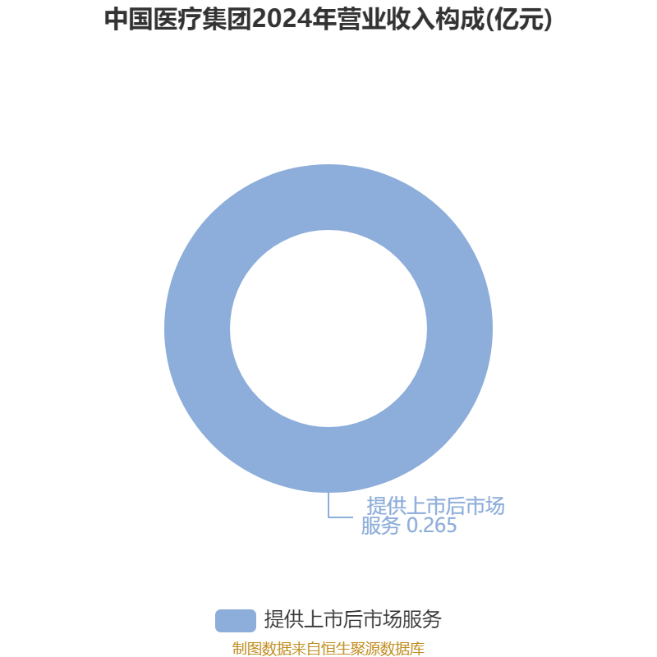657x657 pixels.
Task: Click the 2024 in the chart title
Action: pyautogui.click(x=282, y=20)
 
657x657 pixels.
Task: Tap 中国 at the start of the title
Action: pyautogui.click(x=129, y=20)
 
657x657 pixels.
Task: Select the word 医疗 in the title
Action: pyautogui.click(x=177, y=20)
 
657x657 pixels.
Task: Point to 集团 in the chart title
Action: pyautogui.click(x=227, y=20)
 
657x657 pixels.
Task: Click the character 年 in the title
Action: pyautogui.click(x=324, y=20)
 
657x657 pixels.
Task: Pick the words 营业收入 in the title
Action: pyautogui.click(x=386, y=20)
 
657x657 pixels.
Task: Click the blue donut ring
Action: pyautogui.click(x=197, y=328)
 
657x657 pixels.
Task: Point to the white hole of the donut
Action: pyautogui.click(x=328, y=328)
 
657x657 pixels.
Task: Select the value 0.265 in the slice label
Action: pyautogui.click(x=432, y=526)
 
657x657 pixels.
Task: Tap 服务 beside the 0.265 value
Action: pyautogui.click(x=380, y=526)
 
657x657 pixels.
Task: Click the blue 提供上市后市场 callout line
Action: pyautogui.click(x=436, y=506)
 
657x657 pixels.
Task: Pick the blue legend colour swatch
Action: pyautogui.click(x=236, y=621)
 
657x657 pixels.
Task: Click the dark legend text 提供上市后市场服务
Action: pyautogui.click(x=353, y=620)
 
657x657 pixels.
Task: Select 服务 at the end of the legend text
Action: pyautogui.click(x=422, y=620)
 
